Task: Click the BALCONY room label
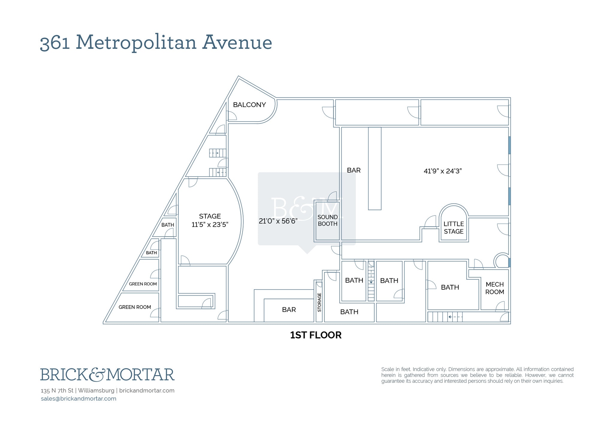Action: [249, 105]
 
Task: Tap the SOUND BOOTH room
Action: [327, 220]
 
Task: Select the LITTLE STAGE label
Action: [454, 228]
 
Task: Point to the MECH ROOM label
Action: [495, 288]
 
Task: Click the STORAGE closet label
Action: [319, 302]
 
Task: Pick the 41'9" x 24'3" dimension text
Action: [443, 171]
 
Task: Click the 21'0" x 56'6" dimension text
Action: [278, 221]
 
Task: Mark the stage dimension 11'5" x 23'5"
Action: [210, 225]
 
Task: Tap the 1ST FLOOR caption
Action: [316, 335]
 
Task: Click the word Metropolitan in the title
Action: [136, 42]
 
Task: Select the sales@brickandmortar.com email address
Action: [79, 399]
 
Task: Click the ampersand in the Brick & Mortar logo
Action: [97, 374]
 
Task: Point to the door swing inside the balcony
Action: [232, 116]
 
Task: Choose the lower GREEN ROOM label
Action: [135, 307]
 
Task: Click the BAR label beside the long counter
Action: [354, 170]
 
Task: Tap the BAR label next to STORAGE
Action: [289, 310]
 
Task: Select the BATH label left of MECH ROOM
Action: [450, 288]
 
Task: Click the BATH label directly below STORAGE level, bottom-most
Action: [349, 312]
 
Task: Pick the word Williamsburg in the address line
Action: [96, 391]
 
